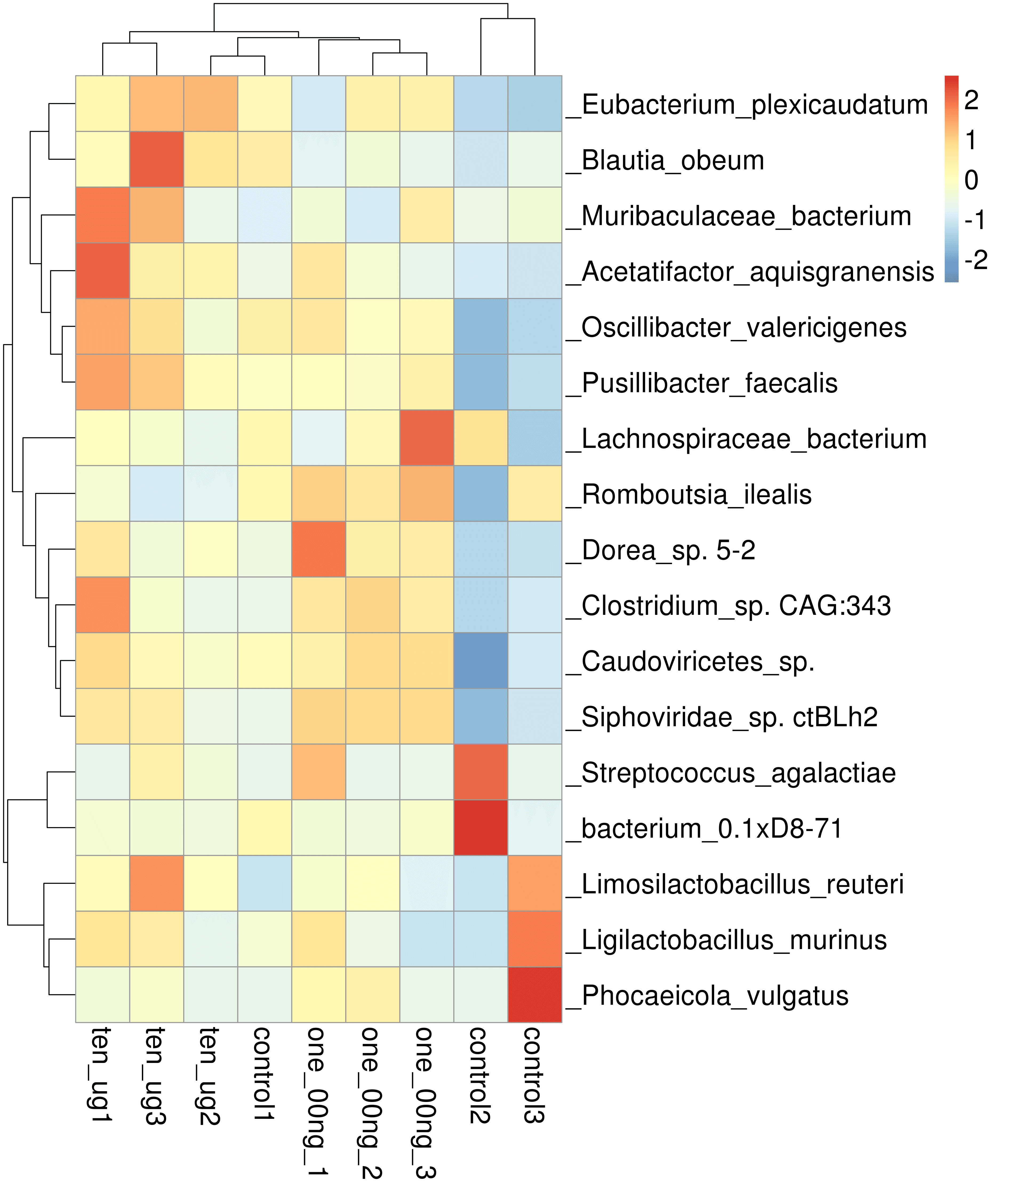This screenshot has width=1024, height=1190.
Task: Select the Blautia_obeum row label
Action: (x=665, y=160)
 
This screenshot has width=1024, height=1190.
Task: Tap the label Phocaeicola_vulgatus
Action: (x=707, y=995)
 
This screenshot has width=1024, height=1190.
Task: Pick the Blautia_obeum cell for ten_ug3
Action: (x=157, y=159)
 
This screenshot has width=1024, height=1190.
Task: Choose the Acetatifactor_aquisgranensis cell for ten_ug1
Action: (x=103, y=271)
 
